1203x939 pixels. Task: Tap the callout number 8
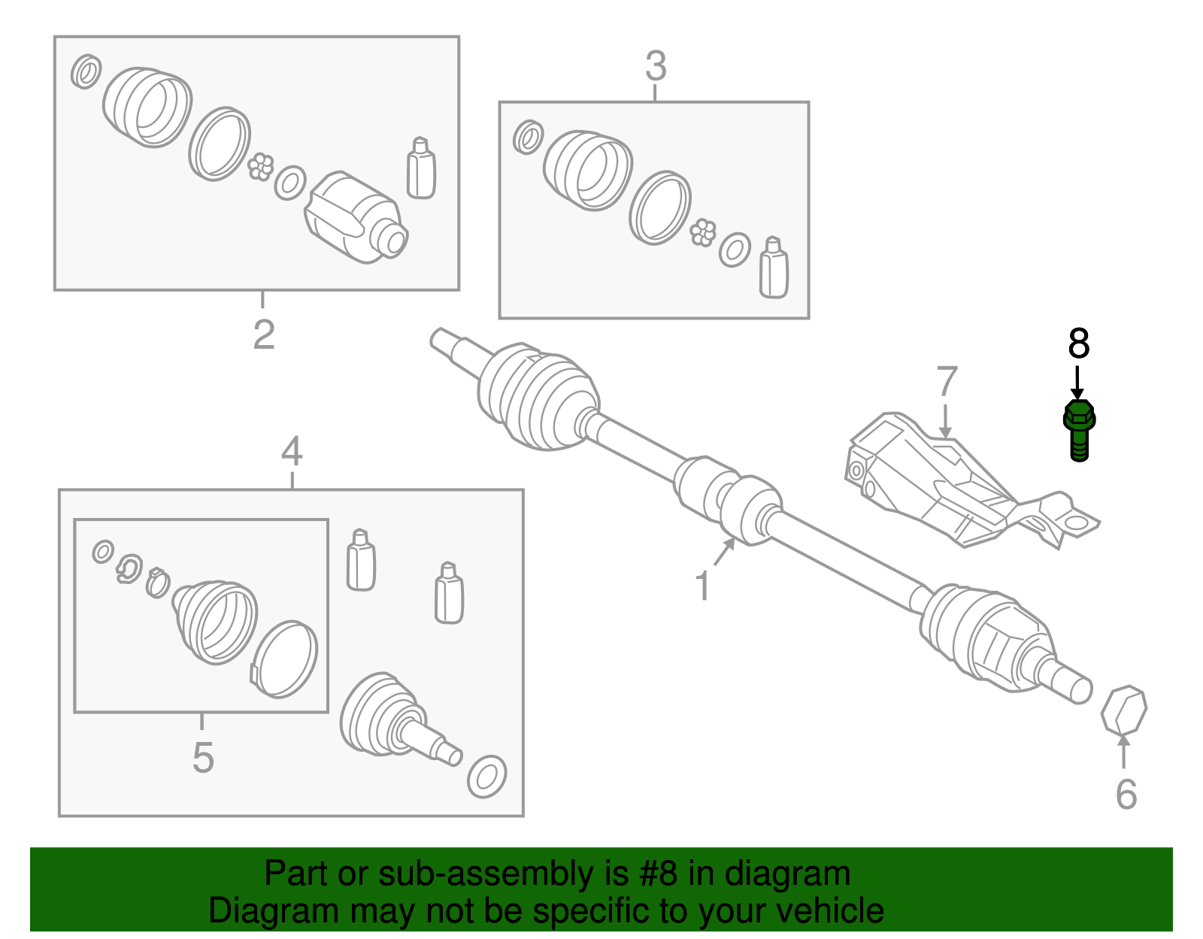(x=1078, y=344)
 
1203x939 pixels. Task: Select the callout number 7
(x=947, y=381)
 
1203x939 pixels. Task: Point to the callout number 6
(x=1126, y=795)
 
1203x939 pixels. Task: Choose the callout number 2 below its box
(x=263, y=335)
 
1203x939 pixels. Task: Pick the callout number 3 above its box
(x=656, y=66)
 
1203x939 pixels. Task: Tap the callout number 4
(x=292, y=451)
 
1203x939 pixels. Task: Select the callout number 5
(x=203, y=757)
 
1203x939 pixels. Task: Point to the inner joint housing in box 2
(x=356, y=218)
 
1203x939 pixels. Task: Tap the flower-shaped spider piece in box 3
(x=703, y=232)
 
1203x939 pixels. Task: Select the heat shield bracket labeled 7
(x=955, y=481)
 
